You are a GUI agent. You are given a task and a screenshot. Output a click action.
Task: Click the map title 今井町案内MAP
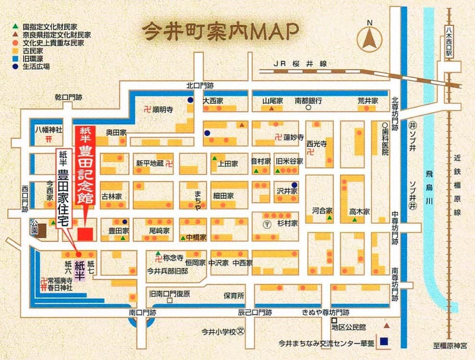pyautogui.click(x=220, y=31)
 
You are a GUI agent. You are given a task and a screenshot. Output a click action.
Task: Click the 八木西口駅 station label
pyautogui.click(x=449, y=40)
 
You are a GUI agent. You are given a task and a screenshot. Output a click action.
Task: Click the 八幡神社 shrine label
pyautogui.click(x=49, y=130)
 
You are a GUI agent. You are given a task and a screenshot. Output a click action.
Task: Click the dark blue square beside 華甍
pyautogui.click(x=383, y=342)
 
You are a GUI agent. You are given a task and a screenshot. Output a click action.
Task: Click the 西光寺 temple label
pyautogui.click(x=317, y=144)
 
